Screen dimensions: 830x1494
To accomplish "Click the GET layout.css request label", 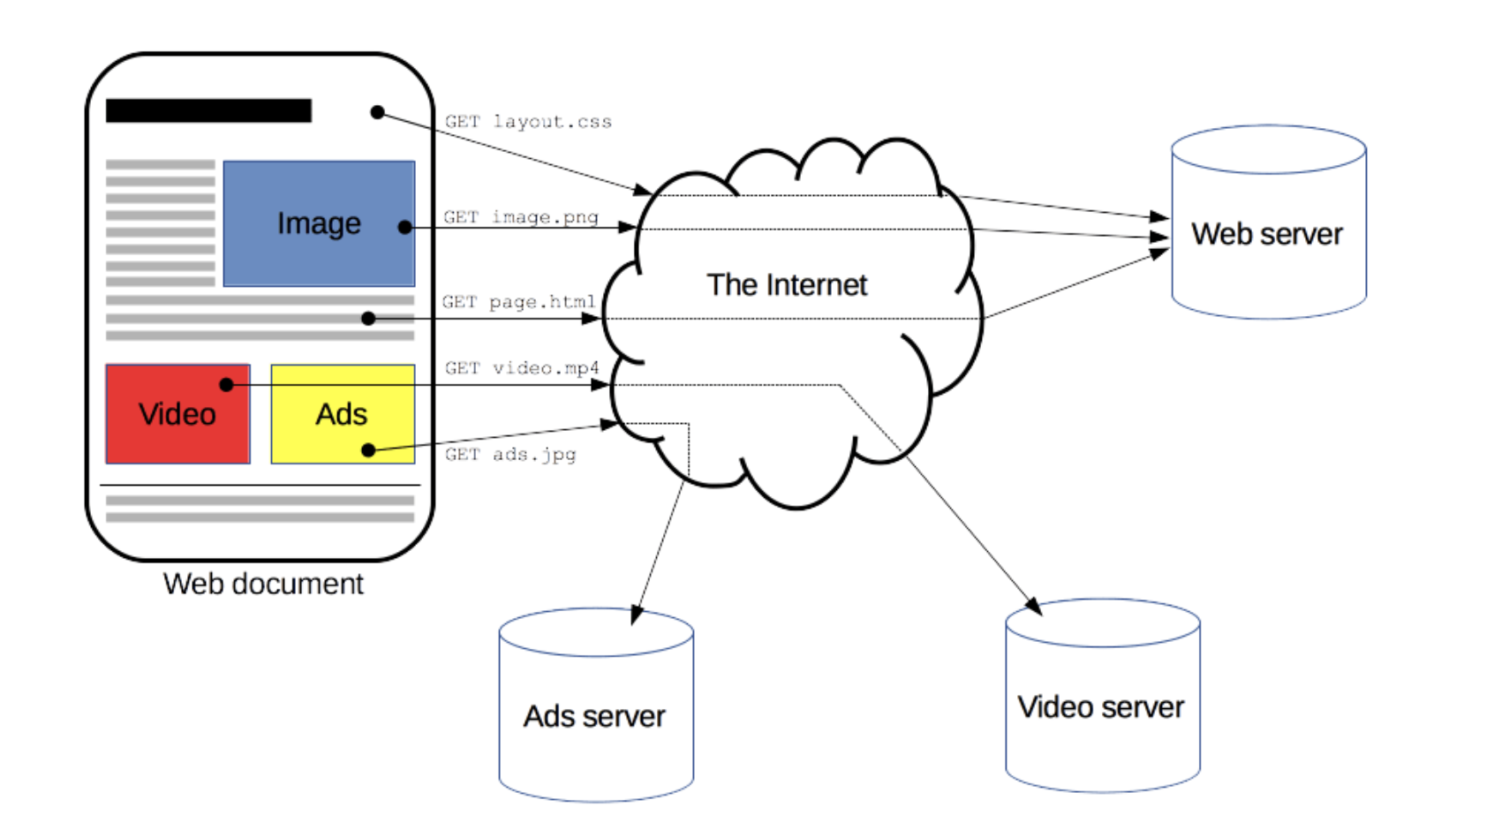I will (x=528, y=122).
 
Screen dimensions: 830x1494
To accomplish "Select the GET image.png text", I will (x=521, y=217).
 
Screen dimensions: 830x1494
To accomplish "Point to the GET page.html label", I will (x=519, y=302).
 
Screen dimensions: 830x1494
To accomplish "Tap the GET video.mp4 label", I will (x=522, y=368).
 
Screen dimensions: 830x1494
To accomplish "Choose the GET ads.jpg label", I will (x=510, y=455).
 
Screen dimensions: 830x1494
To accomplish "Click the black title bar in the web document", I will (x=208, y=110).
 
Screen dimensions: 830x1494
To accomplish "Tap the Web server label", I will (x=1267, y=234).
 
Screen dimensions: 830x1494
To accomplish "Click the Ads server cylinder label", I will (x=594, y=716).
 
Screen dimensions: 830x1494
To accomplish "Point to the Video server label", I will (x=1101, y=707).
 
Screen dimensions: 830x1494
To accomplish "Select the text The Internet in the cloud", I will (x=787, y=285).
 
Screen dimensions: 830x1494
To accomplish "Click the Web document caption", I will (x=263, y=584).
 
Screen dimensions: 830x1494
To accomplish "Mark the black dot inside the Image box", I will (x=404, y=228).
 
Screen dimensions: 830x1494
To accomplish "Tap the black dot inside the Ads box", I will (x=368, y=450).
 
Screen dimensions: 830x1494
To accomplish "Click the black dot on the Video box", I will (x=226, y=385).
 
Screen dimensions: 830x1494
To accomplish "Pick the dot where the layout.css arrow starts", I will (x=377, y=112).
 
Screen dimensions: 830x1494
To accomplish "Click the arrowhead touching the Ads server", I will (x=636, y=615).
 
